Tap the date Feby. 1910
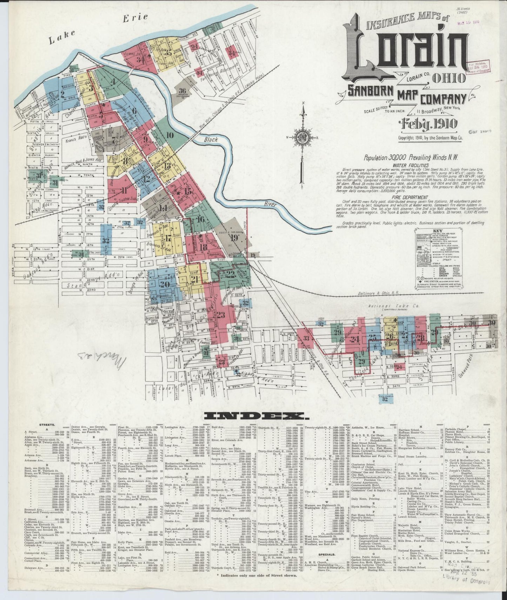coord(428,124)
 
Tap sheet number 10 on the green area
coord(170,135)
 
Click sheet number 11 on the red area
coord(124,191)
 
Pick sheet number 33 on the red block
coord(307,338)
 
